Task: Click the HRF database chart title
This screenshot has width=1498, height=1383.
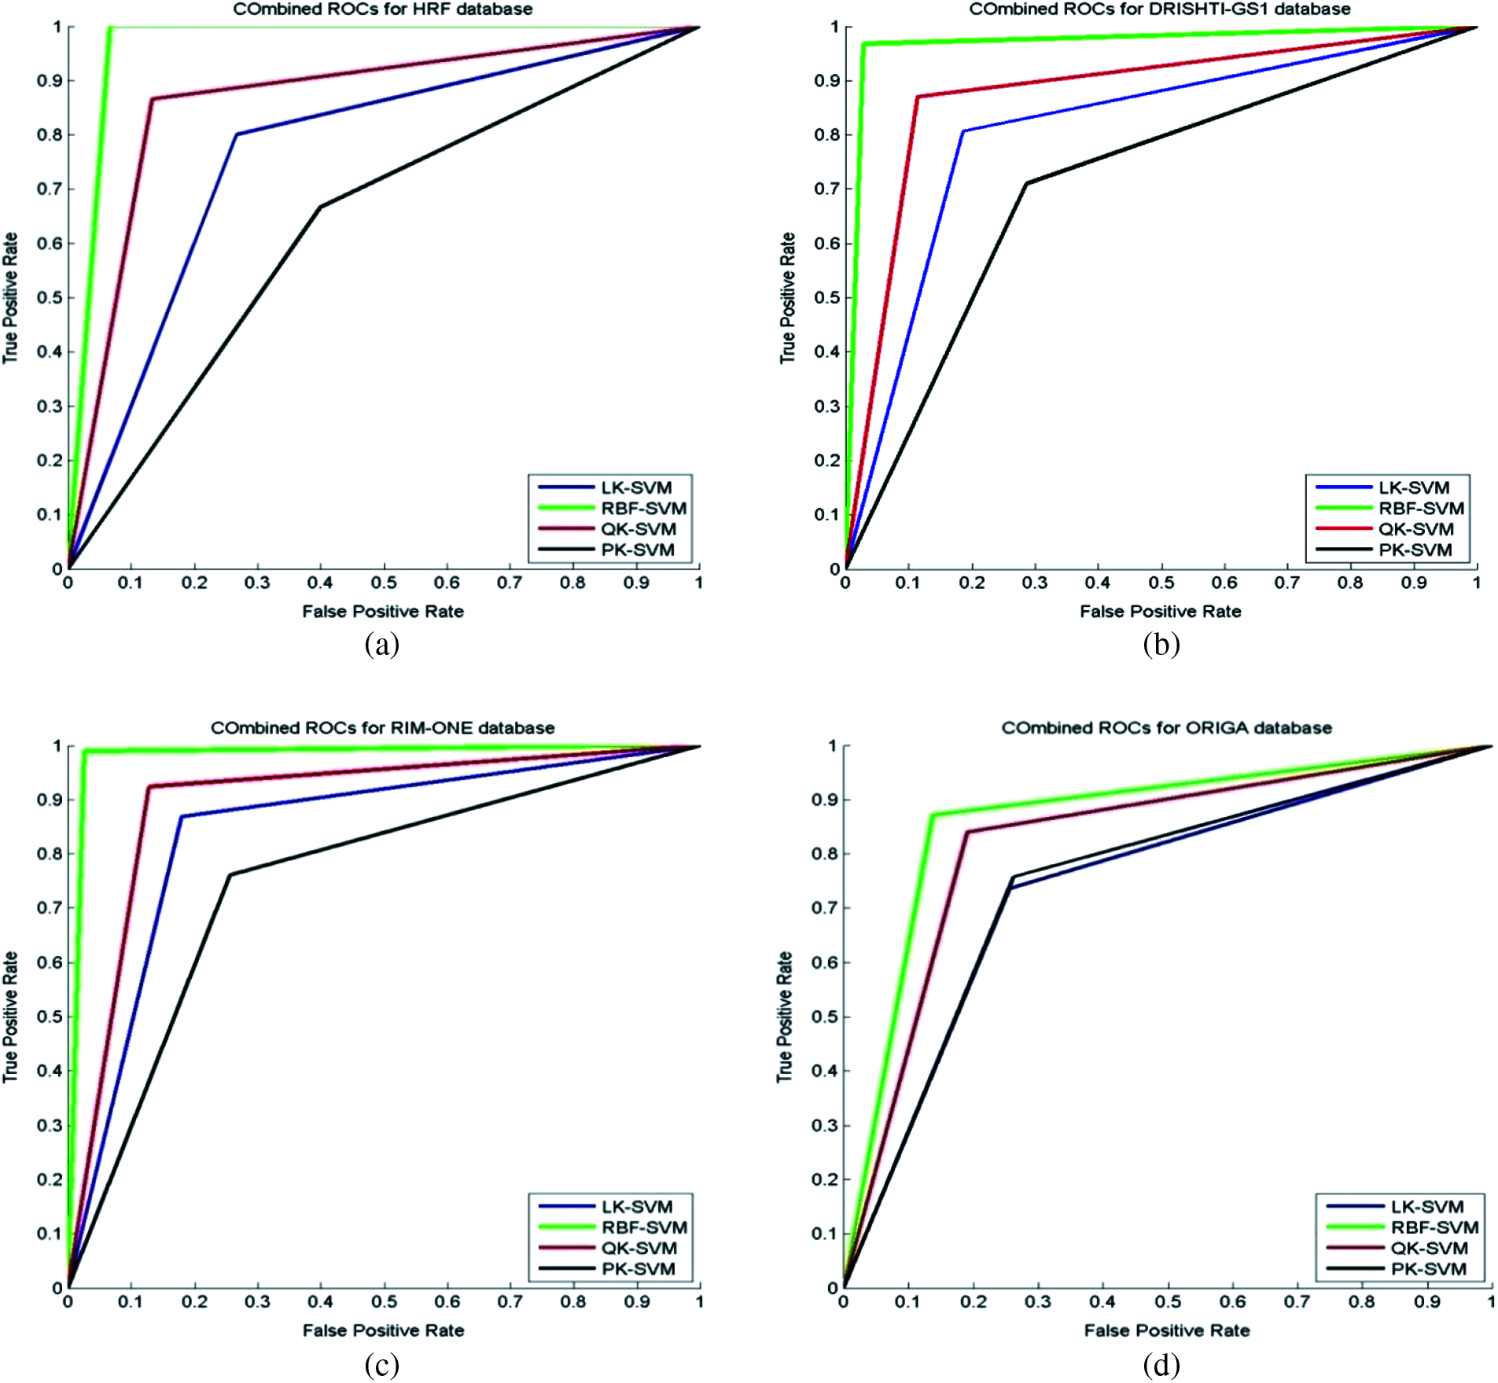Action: (383, 9)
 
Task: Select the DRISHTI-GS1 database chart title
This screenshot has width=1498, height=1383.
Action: (1160, 9)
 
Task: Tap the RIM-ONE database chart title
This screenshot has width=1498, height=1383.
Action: (383, 728)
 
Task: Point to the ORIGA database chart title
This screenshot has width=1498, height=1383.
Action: (1166, 728)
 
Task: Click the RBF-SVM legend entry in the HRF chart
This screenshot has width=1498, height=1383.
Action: (643, 509)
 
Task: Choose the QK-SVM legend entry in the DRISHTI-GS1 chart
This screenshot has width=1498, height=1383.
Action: (1415, 529)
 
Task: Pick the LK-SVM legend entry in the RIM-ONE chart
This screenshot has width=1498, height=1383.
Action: (637, 1207)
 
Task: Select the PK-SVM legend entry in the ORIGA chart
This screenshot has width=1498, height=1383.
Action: (1428, 1269)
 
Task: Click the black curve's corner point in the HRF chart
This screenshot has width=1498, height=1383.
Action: (320, 207)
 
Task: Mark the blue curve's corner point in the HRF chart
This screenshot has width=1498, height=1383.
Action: (237, 134)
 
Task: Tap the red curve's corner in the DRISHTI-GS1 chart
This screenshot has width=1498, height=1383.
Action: (917, 97)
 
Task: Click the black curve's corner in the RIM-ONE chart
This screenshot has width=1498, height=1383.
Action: (230, 875)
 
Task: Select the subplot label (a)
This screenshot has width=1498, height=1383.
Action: (382, 645)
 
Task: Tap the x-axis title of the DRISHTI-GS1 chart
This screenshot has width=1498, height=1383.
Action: (1160, 612)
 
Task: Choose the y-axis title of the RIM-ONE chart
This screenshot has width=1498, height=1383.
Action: (10, 1017)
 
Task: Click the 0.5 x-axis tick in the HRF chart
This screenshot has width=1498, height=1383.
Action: (384, 583)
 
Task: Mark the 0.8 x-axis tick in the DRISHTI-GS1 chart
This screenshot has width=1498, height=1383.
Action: (1350, 583)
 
